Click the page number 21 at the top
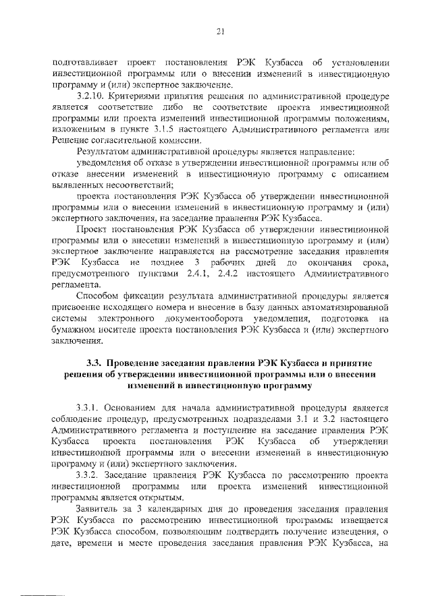coord(220,30)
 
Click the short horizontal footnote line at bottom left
coord(43,597)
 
